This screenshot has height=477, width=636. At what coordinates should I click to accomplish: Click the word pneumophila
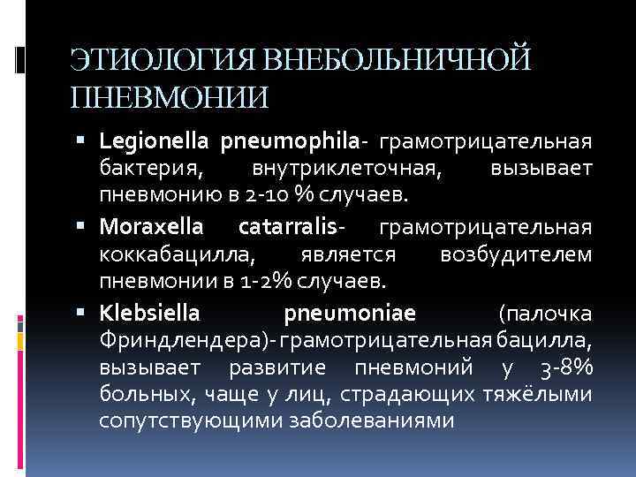[290, 141]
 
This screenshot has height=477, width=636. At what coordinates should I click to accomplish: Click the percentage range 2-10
[268, 193]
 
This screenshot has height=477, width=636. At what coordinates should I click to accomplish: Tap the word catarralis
[287, 227]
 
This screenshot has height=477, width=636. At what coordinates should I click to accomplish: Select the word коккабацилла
[178, 254]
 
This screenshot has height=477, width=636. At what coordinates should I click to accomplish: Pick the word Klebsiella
[150, 313]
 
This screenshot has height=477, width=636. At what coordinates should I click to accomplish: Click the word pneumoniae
[351, 313]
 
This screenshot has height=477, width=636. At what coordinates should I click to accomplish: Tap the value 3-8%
[566, 367]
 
